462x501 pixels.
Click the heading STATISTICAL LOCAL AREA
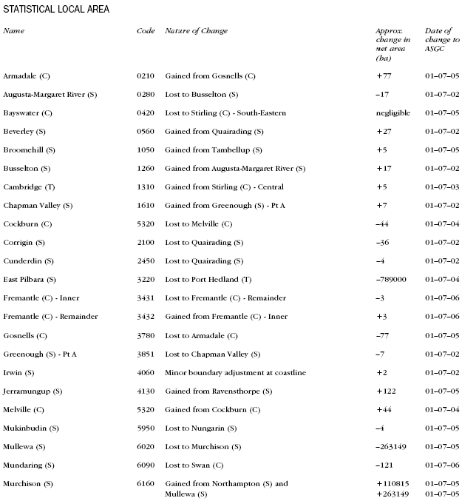coord(56,9)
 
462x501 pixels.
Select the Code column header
coord(146,30)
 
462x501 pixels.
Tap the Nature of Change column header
coord(196,30)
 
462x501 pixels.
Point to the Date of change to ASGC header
coord(441,40)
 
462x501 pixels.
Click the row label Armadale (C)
coord(27,76)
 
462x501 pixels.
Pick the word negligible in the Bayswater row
coord(393,113)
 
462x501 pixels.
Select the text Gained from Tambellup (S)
coord(214,150)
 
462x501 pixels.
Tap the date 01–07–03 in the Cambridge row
coord(442,187)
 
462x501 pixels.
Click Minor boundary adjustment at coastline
coord(235,372)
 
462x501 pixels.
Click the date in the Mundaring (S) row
coord(442,465)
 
